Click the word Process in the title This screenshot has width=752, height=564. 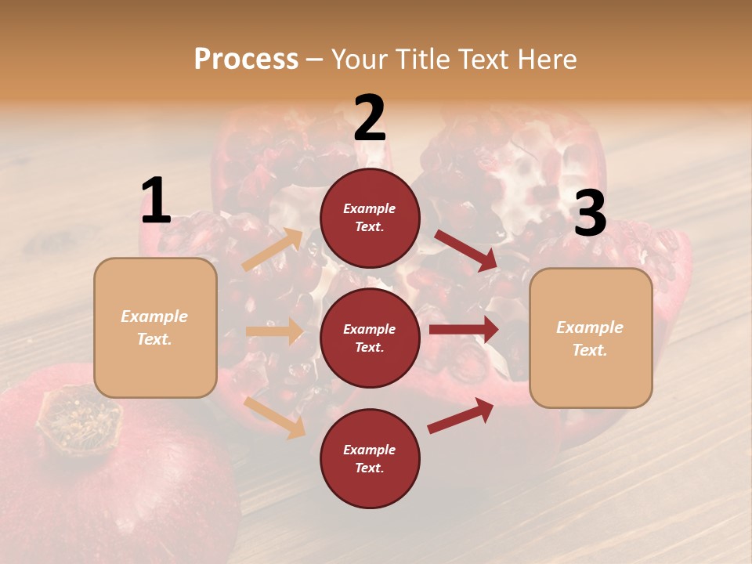(x=246, y=59)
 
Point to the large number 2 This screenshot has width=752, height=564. (x=370, y=118)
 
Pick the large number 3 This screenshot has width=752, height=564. (x=590, y=214)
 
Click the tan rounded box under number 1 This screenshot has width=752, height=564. (x=155, y=327)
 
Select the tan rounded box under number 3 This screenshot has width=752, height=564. (x=591, y=338)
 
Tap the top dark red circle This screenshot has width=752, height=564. (x=370, y=218)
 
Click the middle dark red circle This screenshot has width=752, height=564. (x=370, y=338)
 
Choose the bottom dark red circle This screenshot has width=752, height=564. (x=370, y=458)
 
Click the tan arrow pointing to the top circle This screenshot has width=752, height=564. (x=273, y=250)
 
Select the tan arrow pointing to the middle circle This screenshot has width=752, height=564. (x=274, y=331)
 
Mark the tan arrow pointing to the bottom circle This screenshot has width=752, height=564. (x=275, y=417)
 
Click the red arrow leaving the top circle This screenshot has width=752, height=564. (x=465, y=250)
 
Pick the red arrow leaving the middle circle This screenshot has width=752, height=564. (x=464, y=330)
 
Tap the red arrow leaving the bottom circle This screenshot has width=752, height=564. (x=461, y=416)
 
